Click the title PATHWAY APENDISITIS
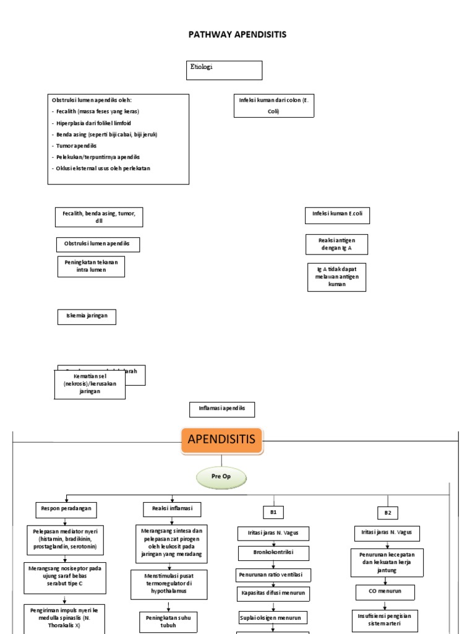coord(237,35)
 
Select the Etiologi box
coord(225,70)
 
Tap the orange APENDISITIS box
coord(221,441)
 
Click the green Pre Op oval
coord(221,478)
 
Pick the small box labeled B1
coord(273,512)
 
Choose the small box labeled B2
coord(388,513)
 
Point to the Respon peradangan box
coord(66,509)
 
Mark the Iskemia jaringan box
coord(87,316)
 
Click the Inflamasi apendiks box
coord(221,409)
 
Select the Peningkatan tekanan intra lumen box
coord(91,266)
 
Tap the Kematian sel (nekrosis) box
coord(90,384)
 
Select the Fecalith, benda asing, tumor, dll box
coord(99,217)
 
